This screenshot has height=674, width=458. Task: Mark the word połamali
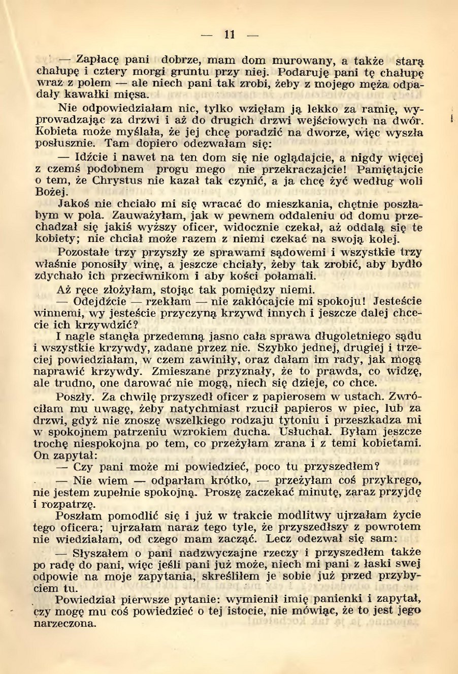click(286, 276)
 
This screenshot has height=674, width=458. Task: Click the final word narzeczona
click(64, 624)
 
